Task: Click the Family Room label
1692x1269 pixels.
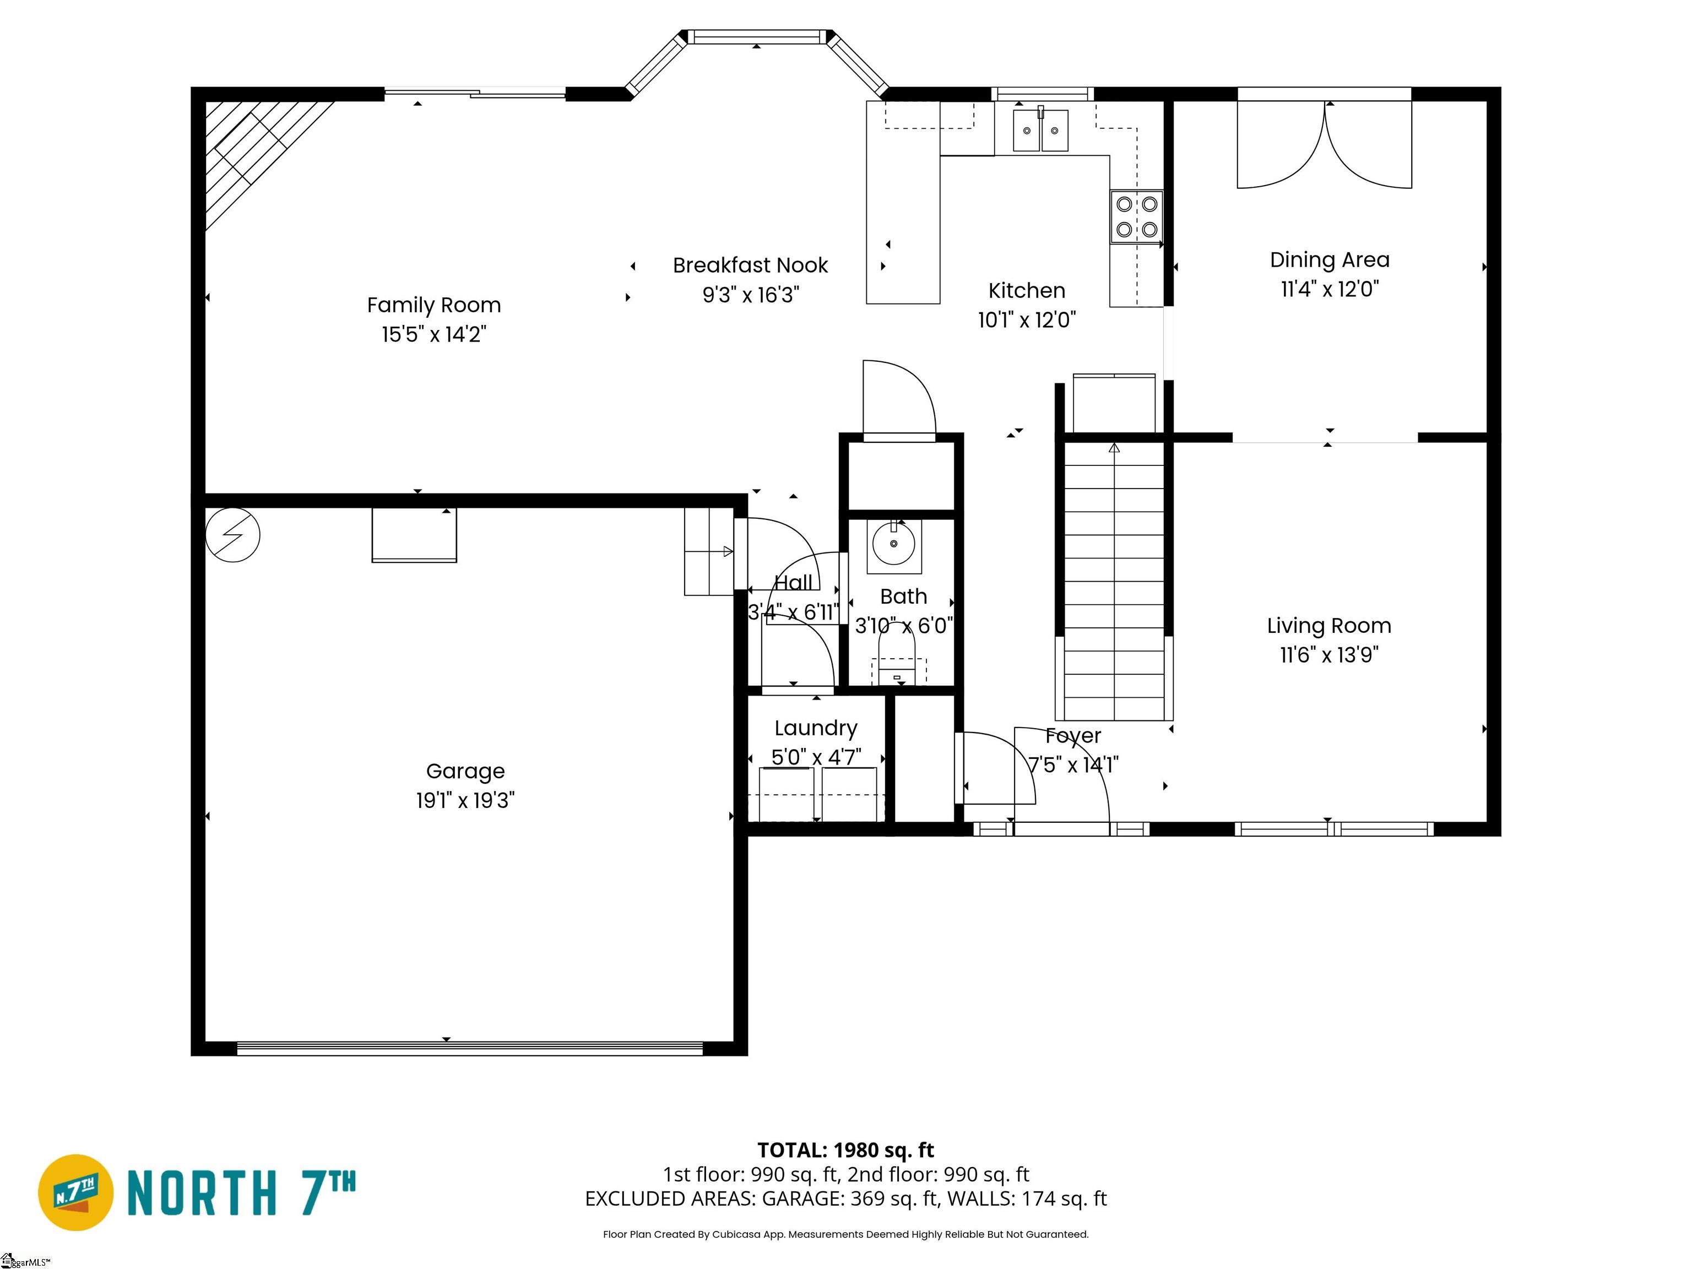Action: (x=433, y=305)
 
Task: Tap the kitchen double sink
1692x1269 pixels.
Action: (x=1040, y=131)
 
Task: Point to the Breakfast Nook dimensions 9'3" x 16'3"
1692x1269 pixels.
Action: (x=750, y=295)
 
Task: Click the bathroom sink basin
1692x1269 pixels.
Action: (x=893, y=544)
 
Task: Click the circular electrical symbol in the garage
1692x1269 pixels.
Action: (x=232, y=535)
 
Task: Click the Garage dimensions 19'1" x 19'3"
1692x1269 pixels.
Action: (x=465, y=801)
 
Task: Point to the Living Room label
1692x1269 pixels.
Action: (x=1328, y=626)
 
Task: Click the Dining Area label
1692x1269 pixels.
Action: (x=1330, y=260)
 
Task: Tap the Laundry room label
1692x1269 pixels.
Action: (x=815, y=728)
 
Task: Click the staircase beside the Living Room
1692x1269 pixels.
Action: (x=1114, y=581)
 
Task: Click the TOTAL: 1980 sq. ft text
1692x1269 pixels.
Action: (x=845, y=1151)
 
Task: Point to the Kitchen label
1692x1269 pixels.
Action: (x=1027, y=291)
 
